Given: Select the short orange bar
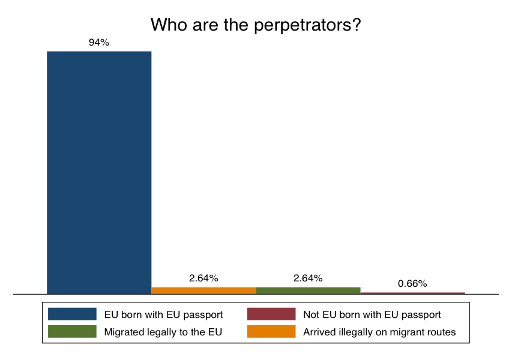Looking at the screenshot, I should coord(203,290).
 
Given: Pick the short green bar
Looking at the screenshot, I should coord(308,290).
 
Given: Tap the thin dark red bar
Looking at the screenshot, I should coord(412,293).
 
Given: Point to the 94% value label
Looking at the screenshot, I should coord(99,42).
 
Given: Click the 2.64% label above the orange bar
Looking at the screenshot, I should coord(203,278).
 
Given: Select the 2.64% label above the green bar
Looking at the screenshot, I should coord(308,278).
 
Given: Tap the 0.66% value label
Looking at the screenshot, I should coord(412,283).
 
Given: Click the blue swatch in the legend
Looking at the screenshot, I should coord(72,314).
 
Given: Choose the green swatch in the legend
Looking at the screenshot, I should coord(72,331).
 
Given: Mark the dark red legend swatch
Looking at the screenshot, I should coord(271,314).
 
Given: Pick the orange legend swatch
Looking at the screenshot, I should coord(271,331).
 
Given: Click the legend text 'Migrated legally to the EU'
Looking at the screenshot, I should coord(163,332).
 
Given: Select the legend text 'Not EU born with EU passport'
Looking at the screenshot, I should coord(372,314).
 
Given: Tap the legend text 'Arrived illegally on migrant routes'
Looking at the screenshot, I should coord(379,332).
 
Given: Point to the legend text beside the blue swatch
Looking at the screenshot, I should coord(163,314).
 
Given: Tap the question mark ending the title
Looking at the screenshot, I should coord(356,25).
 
